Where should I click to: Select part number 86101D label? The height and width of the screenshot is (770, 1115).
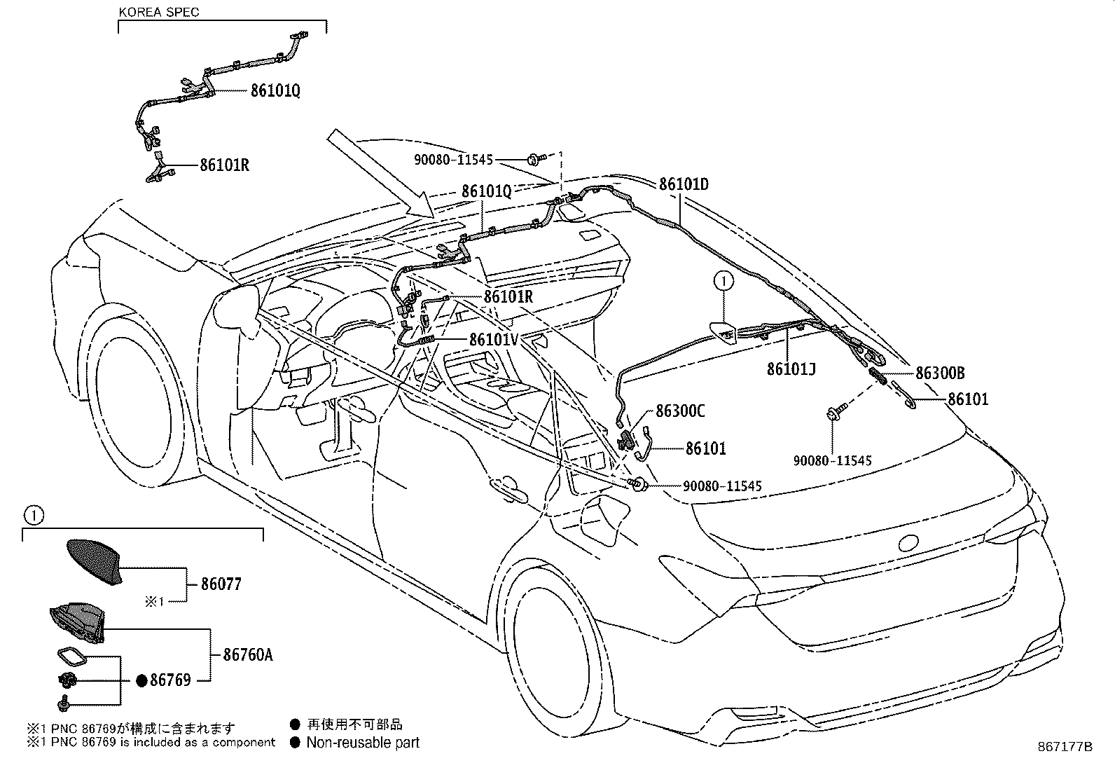coord(683,184)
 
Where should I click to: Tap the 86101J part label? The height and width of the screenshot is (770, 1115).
coord(791,369)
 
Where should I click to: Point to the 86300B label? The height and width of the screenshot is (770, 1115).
coord(940,373)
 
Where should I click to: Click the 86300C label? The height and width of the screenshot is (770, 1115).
coord(680,411)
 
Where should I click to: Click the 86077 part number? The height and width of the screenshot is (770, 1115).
coord(221,584)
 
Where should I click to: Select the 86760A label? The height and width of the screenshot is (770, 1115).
coord(247,655)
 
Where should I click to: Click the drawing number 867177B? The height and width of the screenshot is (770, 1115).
coord(1065,747)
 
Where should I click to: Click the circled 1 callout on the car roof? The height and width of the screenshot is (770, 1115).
coord(723,282)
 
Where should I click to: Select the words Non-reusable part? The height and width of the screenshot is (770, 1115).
coord(363,742)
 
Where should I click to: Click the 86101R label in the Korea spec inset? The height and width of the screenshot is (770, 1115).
coord(224,166)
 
